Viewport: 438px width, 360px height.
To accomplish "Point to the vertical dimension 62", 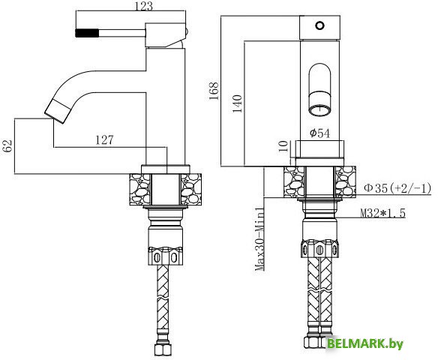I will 8,146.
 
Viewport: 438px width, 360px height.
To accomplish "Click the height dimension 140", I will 238,103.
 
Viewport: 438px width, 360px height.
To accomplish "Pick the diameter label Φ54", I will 321,133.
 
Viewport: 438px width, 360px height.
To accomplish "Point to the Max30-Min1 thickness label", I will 259,239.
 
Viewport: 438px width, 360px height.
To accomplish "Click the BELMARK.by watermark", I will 366,344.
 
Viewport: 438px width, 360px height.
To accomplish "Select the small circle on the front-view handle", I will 320,26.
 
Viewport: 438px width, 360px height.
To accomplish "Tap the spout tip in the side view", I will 56,110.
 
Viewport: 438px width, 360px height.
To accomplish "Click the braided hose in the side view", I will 163,300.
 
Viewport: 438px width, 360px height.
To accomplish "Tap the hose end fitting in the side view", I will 163,349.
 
